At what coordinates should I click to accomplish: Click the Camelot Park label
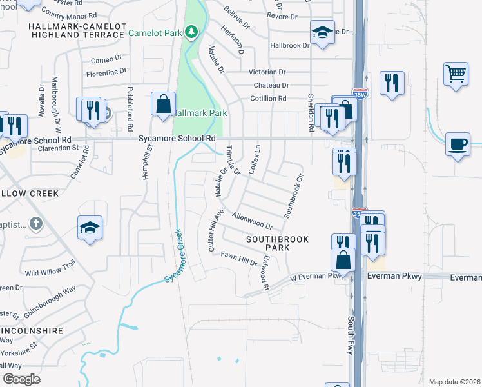tap(155, 32)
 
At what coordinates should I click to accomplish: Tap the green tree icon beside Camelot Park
tap(191, 31)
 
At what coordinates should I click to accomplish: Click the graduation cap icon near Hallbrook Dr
tap(322, 32)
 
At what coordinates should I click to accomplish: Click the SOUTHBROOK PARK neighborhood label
tap(277, 244)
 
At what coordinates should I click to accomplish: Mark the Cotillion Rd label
tap(268, 99)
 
